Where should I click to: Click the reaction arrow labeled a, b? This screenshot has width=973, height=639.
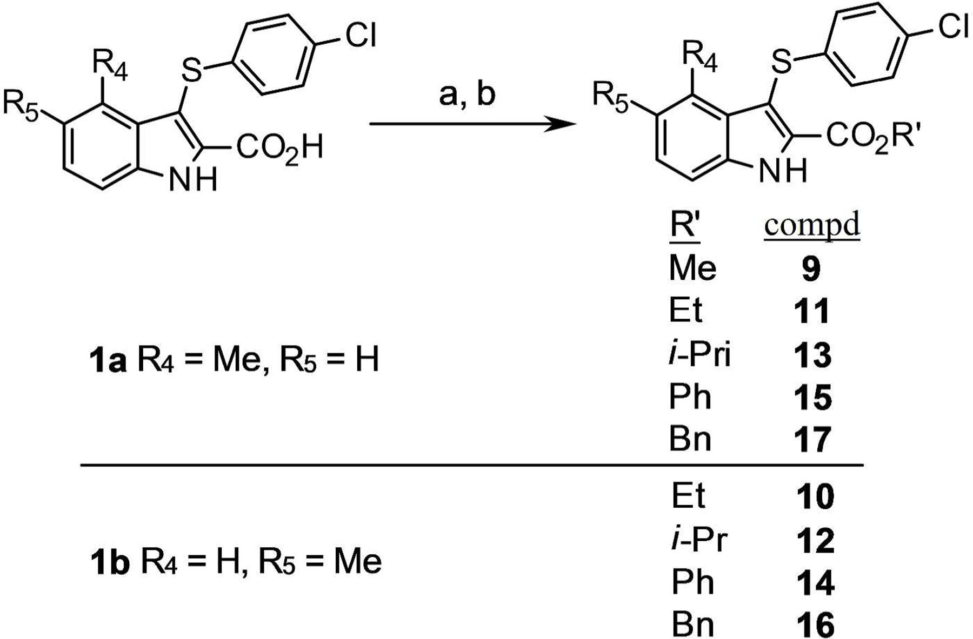tap(470, 125)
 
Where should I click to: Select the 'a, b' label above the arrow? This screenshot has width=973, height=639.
tap(467, 95)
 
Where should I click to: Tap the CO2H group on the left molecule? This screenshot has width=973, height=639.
tap(279, 147)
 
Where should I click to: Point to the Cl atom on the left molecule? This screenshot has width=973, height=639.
tap(360, 36)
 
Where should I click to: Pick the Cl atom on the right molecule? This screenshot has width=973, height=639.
tap(955, 25)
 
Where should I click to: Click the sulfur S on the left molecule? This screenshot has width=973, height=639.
tap(191, 70)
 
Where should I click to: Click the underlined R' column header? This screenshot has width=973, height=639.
tap(685, 226)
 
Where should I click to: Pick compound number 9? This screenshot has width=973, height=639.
tap(811, 268)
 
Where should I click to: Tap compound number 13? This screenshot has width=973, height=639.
tap(812, 355)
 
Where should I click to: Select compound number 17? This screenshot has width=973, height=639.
tap(812, 440)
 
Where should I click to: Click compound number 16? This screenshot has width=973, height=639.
tap(815, 625)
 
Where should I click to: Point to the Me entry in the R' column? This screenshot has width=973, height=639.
tap(692, 268)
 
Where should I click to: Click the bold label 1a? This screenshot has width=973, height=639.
tap(107, 361)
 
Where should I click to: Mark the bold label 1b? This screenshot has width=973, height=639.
tap(110, 562)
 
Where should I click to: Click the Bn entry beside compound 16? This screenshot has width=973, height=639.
tap(692, 625)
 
